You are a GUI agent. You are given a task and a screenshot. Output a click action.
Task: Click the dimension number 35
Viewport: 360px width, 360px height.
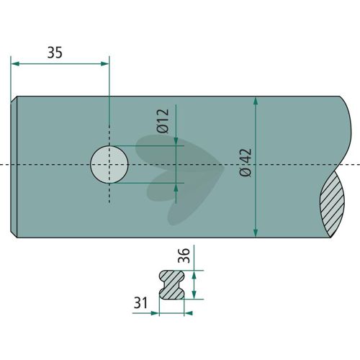[55, 53]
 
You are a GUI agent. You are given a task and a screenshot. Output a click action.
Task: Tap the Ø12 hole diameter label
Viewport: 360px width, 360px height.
[163, 121]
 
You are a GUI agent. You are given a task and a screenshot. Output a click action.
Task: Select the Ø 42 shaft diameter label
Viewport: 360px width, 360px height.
[246, 163]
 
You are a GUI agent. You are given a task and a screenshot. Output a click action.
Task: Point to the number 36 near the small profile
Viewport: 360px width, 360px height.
[184, 256]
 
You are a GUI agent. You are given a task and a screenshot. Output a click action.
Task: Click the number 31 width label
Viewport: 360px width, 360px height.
[140, 302]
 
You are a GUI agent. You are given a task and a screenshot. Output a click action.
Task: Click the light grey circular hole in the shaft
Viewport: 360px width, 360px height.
[109, 164]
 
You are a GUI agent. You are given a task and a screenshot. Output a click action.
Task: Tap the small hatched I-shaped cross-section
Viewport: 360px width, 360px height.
[172, 284]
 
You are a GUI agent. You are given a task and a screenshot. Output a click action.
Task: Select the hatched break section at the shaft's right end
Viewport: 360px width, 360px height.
[333, 204]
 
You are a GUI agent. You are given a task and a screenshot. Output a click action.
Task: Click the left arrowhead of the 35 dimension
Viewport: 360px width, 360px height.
[15, 64]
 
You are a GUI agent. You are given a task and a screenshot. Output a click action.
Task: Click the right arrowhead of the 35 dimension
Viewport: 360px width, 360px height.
[105, 64]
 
